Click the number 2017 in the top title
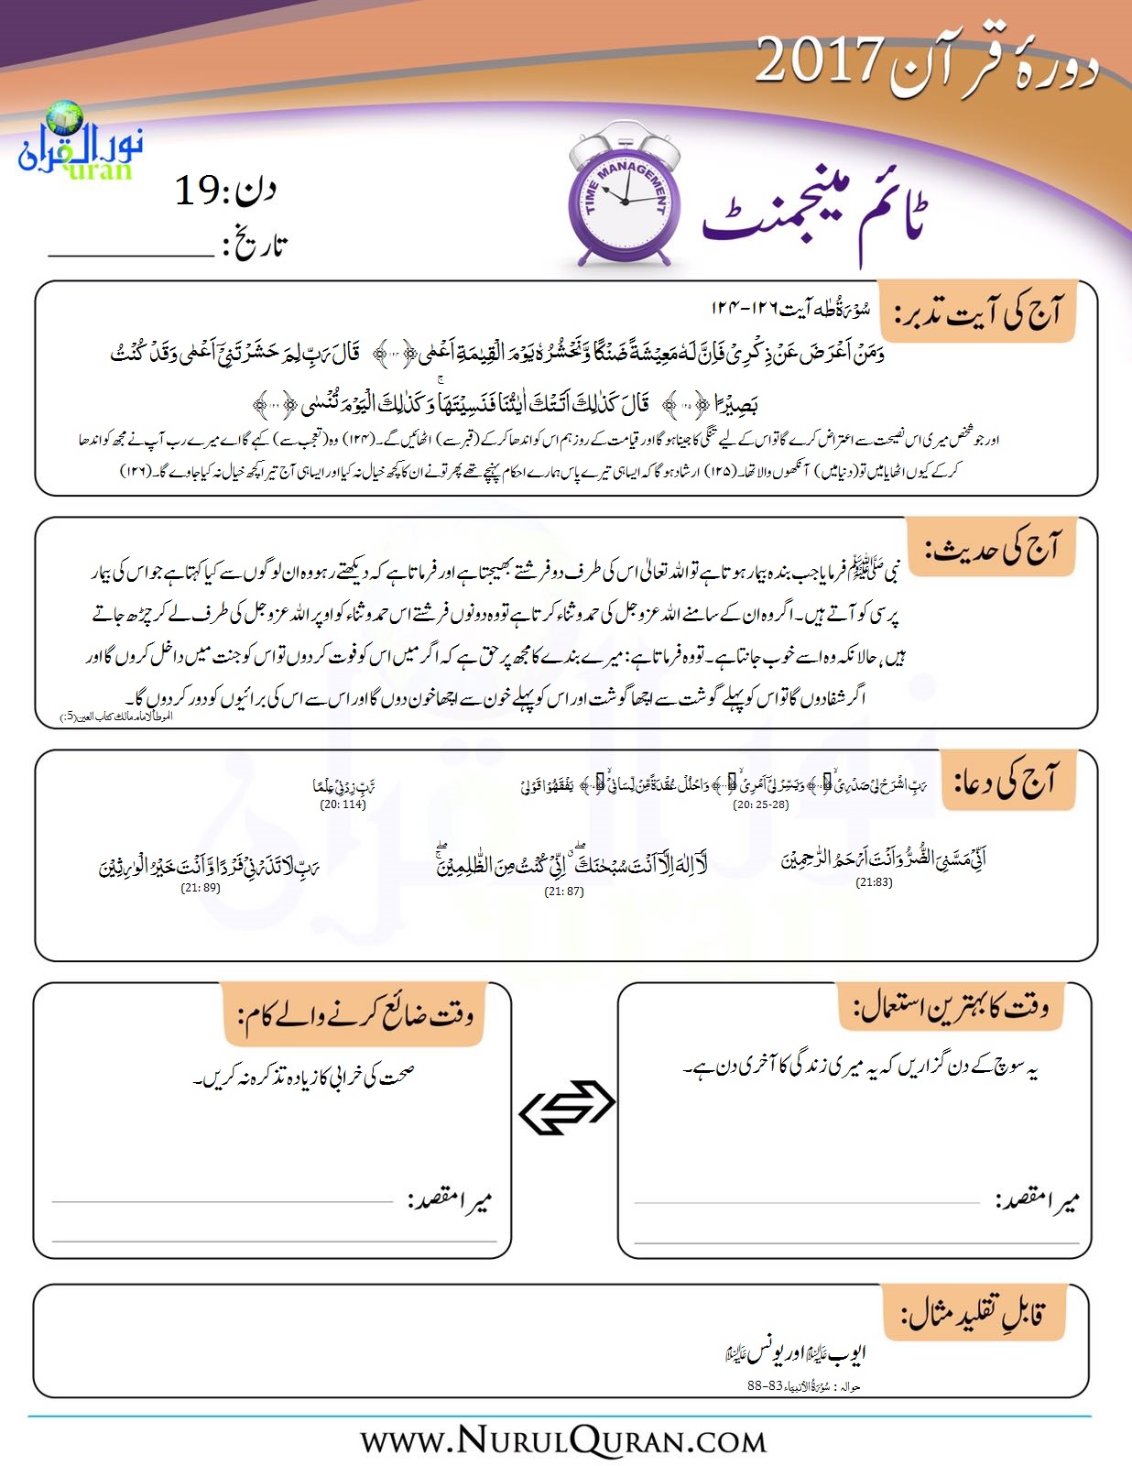(x=819, y=61)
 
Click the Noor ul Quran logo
(x=81, y=143)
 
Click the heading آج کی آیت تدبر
(x=978, y=313)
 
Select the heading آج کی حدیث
(x=993, y=548)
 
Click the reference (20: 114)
(x=343, y=804)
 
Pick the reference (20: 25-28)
(x=760, y=804)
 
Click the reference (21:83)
(x=874, y=882)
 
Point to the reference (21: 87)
(x=563, y=891)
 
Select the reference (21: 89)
(x=201, y=887)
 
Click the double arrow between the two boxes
(x=566, y=1107)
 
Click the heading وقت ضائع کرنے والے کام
(x=357, y=1014)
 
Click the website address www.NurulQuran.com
(x=563, y=1440)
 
